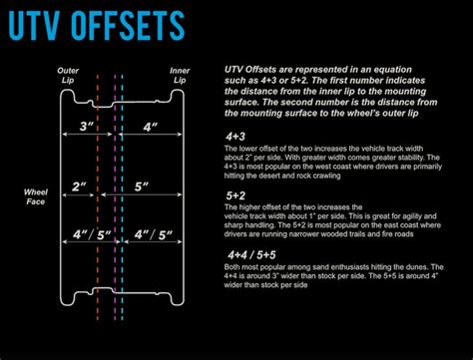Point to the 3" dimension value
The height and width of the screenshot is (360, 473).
coord(86,128)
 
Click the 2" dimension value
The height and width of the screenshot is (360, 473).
coord(80,186)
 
